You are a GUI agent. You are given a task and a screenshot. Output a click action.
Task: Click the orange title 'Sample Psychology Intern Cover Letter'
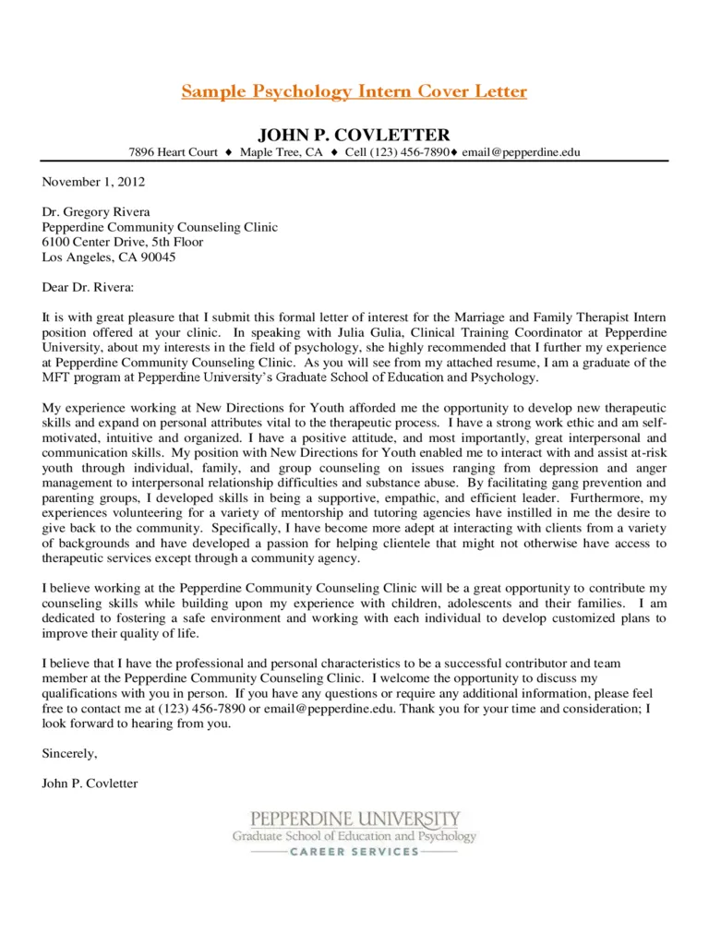[354, 91]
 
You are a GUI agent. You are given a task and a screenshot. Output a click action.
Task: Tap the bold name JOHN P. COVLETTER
[354, 135]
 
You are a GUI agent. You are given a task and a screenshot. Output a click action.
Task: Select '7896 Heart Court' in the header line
[173, 152]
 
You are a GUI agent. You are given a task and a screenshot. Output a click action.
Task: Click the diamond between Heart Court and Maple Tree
[228, 152]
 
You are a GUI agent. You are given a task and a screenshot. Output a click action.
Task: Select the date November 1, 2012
[93, 182]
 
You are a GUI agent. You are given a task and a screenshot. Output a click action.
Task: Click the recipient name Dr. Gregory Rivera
[96, 212]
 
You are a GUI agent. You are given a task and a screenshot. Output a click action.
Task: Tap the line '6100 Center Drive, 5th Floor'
[123, 242]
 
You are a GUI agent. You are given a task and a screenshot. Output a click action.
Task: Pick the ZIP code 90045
[157, 257]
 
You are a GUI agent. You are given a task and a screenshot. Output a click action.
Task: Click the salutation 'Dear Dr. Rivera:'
[88, 287]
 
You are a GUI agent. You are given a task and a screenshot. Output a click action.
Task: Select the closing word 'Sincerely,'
[69, 753]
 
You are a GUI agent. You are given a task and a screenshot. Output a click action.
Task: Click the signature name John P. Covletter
[90, 784]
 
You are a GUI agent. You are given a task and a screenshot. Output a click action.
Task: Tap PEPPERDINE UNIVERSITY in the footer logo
[354, 819]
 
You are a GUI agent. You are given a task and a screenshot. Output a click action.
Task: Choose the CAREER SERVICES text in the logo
[354, 852]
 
